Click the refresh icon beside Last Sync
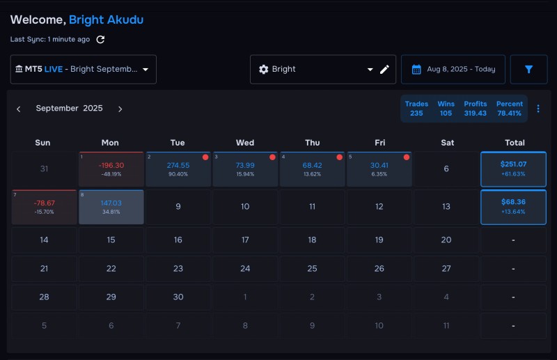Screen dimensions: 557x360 click(x=100, y=40)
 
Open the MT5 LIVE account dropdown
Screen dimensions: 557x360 click(x=83, y=70)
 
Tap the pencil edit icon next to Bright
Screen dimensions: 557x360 click(x=384, y=70)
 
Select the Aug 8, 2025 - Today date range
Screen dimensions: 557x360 click(x=453, y=70)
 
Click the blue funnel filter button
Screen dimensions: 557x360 click(x=528, y=70)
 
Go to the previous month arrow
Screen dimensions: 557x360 click(x=19, y=109)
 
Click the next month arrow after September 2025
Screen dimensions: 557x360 click(x=120, y=109)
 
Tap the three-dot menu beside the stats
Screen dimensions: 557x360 click(x=538, y=109)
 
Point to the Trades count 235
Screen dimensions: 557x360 click(x=416, y=114)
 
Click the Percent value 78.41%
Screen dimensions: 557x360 click(x=510, y=114)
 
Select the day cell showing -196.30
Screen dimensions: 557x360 click(x=111, y=169)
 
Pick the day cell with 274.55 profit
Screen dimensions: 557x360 click(x=178, y=169)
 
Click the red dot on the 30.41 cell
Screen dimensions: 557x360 click(x=407, y=157)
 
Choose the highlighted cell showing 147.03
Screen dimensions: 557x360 click(x=111, y=207)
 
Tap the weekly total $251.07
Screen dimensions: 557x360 click(x=513, y=169)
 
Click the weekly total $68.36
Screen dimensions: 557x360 click(x=513, y=207)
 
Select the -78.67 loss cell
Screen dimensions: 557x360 click(x=44, y=207)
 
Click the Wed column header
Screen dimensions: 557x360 click(x=245, y=143)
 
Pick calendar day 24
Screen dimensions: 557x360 click(x=245, y=269)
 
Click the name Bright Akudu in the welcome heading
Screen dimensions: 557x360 click(x=107, y=20)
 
